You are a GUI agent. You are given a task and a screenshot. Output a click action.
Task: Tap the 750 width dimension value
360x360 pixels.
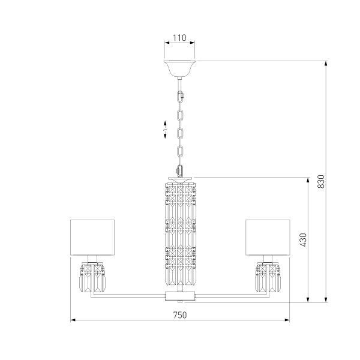(x=180, y=314)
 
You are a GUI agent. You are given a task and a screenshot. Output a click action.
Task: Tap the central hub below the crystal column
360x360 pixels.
(x=180, y=296)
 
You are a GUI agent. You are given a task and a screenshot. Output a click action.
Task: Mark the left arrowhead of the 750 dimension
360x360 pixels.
(x=73, y=320)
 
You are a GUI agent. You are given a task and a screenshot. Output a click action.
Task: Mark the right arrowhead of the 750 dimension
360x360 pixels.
(x=288, y=320)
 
